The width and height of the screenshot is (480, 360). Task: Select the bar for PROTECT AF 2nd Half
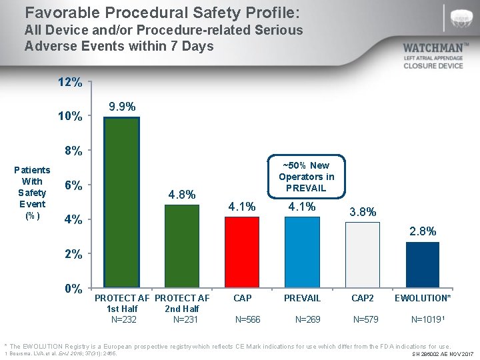[181, 246]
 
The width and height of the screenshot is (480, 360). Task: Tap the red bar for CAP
[241, 253]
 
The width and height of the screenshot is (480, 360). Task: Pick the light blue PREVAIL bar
[302, 253]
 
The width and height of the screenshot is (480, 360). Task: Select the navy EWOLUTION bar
[423, 265]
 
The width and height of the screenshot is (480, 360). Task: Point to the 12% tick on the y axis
[70, 83]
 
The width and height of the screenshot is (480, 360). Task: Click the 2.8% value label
[423, 231]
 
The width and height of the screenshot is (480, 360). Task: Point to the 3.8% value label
[363, 212]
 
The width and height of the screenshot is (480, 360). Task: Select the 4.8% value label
[181, 195]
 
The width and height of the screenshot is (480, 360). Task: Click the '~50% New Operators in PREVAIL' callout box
[307, 177]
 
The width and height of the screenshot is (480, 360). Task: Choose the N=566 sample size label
[248, 319]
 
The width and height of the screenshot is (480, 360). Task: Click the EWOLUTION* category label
[423, 298]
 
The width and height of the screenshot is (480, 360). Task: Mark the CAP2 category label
[363, 298]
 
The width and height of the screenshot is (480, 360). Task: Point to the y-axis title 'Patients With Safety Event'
[32, 193]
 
